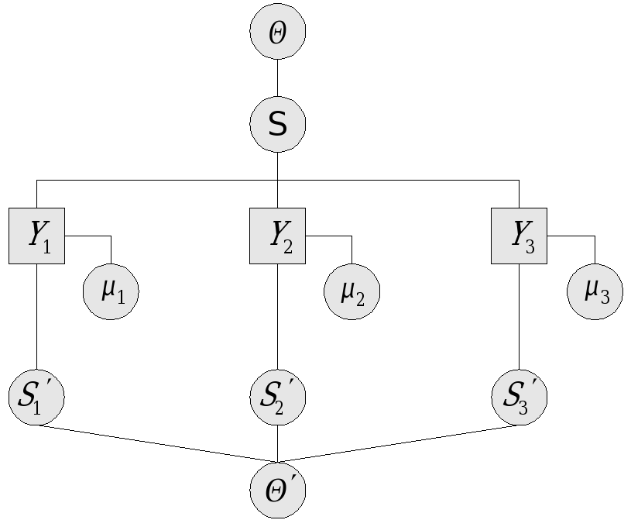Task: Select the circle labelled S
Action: point(278,124)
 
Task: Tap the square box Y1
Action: point(36,236)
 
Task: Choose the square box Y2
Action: point(278,236)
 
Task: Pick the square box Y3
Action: point(520,236)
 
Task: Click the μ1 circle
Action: point(111,291)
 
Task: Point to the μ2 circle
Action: point(352,291)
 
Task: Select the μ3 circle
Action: point(594,291)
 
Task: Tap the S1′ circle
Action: point(36,397)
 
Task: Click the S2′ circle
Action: point(278,397)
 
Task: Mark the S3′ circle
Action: point(520,397)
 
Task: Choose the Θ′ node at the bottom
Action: point(278,490)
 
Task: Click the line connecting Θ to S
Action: point(278,77)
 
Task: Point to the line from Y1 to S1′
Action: point(36,318)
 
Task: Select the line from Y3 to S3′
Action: point(520,318)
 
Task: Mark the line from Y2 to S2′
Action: point(278,318)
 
